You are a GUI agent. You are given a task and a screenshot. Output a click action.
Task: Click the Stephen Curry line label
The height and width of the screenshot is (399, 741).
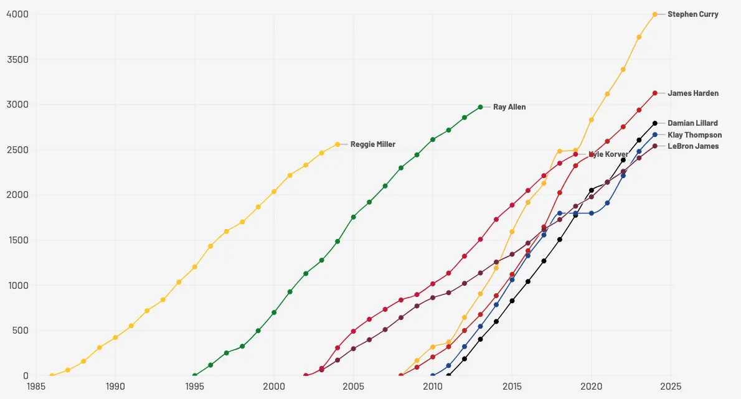pos(692,14)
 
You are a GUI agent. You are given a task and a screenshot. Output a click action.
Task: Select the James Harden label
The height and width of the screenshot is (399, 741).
pos(692,93)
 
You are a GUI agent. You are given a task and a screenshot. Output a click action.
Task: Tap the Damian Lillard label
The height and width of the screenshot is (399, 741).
pos(692,123)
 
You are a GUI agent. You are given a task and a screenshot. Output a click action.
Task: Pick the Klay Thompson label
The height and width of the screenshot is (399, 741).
pos(694,135)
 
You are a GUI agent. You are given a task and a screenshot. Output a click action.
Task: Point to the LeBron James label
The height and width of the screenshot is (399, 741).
pos(692,146)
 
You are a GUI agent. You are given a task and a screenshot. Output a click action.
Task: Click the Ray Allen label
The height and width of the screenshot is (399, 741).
pos(509,107)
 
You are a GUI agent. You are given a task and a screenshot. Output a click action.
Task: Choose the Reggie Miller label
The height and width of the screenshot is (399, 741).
pos(372,144)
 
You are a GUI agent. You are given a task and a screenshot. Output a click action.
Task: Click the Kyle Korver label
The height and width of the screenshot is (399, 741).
pos(608,154)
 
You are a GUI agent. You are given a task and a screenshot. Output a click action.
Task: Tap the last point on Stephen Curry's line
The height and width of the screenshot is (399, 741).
pos(655,14)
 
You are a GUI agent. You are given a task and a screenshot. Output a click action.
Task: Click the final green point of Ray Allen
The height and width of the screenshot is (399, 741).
pos(480,107)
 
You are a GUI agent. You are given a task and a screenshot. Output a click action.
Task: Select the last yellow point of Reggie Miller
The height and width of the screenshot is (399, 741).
pos(337,144)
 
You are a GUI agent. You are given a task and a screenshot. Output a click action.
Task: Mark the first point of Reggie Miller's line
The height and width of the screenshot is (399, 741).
pos(52,375)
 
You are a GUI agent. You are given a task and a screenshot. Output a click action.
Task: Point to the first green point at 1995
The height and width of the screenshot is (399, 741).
pos(195,375)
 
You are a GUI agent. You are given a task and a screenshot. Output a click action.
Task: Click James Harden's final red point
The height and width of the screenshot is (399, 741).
pos(655,93)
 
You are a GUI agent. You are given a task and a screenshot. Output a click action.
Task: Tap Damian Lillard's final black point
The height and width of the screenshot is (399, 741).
pos(655,123)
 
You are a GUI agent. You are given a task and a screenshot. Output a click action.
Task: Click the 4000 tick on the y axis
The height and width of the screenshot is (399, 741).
pos(17,14)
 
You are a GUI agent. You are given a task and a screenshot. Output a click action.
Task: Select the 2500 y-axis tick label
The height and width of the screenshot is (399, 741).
pos(17,149)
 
